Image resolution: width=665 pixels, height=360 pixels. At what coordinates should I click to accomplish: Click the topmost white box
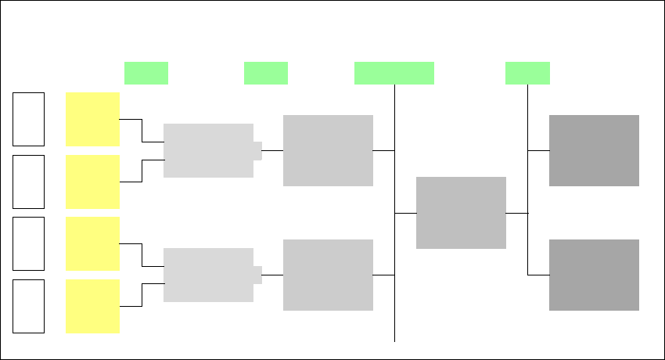click(28, 119)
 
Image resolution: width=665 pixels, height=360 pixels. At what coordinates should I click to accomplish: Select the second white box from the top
click(28, 182)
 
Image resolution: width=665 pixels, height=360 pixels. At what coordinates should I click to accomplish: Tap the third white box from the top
click(28, 243)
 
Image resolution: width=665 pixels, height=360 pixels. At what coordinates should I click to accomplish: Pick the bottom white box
click(28, 306)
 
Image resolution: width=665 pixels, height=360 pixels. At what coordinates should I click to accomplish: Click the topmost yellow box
click(92, 119)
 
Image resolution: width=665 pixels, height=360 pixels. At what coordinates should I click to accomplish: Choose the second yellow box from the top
click(92, 182)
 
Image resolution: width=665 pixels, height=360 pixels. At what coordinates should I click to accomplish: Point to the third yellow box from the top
click(92, 243)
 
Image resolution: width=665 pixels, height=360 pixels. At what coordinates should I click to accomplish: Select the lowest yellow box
click(92, 306)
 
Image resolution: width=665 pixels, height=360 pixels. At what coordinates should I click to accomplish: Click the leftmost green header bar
click(146, 73)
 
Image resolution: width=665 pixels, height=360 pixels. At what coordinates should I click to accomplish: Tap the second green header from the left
click(266, 73)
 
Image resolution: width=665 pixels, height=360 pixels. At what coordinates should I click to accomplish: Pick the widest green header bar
click(394, 73)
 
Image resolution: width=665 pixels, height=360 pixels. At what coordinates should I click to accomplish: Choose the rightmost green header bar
click(527, 73)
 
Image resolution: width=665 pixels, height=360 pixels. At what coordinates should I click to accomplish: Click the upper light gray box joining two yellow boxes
click(208, 150)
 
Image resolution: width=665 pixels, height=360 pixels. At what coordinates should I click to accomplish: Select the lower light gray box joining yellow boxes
click(208, 275)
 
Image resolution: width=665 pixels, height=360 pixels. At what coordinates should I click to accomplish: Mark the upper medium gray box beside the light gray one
click(328, 150)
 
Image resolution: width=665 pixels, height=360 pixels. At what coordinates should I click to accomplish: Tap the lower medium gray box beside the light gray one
click(328, 275)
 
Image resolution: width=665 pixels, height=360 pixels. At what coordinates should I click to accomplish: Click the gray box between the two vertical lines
click(461, 213)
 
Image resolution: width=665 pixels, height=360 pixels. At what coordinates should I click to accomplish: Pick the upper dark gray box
click(594, 150)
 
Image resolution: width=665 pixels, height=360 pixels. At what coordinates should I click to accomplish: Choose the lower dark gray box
click(594, 275)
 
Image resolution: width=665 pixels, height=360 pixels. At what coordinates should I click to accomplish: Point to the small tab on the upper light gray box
click(257, 150)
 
